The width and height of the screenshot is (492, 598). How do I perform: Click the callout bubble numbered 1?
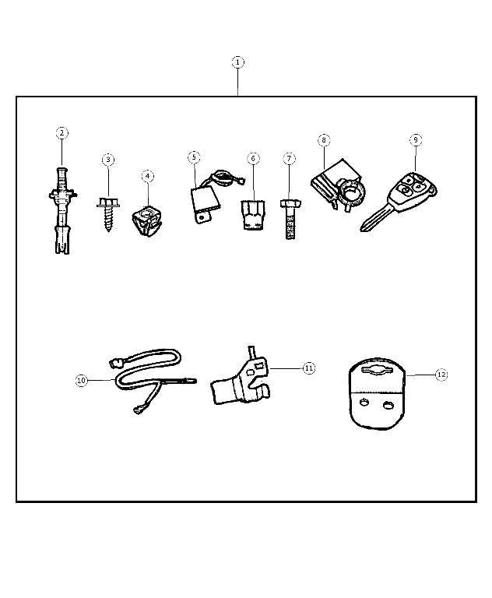pos(238,62)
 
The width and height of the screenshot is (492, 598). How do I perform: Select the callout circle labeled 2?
pos(61,133)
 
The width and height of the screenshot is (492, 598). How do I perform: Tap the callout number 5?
pos(194,157)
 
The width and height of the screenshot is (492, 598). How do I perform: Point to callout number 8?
pos(324,140)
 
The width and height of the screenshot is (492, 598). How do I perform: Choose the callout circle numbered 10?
pos(82,380)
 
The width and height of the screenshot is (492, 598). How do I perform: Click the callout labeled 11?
pos(309,368)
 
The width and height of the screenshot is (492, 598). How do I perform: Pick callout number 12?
pos(441,375)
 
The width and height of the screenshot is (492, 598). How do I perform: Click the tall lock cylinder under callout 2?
pos(62,211)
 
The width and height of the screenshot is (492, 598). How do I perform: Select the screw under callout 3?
pos(108,213)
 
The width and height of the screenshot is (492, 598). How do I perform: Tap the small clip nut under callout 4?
pos(148,220)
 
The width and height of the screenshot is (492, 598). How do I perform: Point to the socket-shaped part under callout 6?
pos(253,215)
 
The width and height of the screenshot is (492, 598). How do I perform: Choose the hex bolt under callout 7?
pos(290,219)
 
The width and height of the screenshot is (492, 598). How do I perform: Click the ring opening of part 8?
pos(353,192)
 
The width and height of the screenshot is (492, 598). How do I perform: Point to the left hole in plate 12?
pos(364,402)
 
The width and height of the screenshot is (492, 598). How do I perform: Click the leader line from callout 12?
pos(420,375)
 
